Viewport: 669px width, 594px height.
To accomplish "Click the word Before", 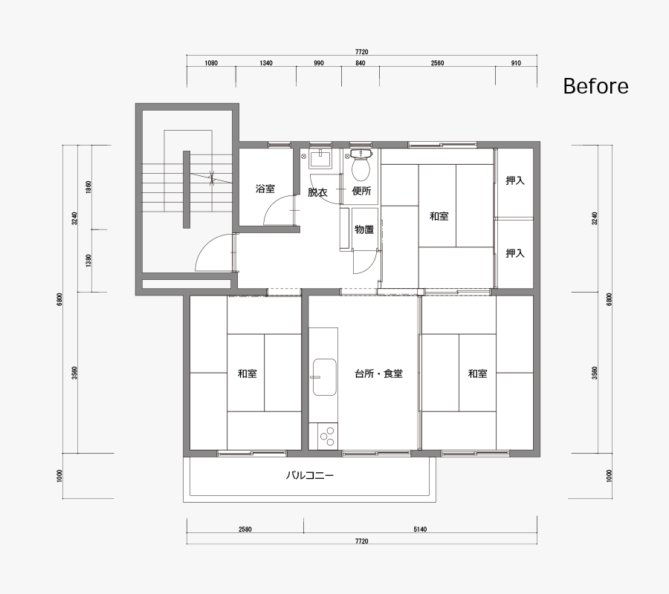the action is click(595, 86).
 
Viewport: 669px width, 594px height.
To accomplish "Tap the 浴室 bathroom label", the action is click(265, 189).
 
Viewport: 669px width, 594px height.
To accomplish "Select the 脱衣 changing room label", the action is click(317, 192).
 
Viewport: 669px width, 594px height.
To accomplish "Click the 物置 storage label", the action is click(364, 229).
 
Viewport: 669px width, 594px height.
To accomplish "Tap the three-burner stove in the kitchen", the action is click(328, 436).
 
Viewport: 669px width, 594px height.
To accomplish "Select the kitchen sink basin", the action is click(325, 377).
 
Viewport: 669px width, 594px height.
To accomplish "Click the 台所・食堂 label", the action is click(378, 373).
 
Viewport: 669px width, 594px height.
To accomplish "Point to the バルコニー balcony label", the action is click(309, 475).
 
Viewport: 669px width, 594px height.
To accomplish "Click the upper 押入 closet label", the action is click(515, 180).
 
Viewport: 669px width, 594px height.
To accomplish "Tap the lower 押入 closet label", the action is click(515, 253).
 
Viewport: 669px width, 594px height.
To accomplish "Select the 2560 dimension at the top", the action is click(437, 63).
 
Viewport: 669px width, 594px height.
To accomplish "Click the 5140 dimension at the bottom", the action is click(420, 529).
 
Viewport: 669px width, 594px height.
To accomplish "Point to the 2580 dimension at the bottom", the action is click(245, 529).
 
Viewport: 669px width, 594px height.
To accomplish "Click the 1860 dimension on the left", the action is click(88, 187).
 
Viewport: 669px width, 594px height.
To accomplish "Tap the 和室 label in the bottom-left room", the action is click(248, 373).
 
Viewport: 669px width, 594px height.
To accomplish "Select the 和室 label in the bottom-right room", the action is click(477, 373).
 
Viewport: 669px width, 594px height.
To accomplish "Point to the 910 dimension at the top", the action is click(516, 63).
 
